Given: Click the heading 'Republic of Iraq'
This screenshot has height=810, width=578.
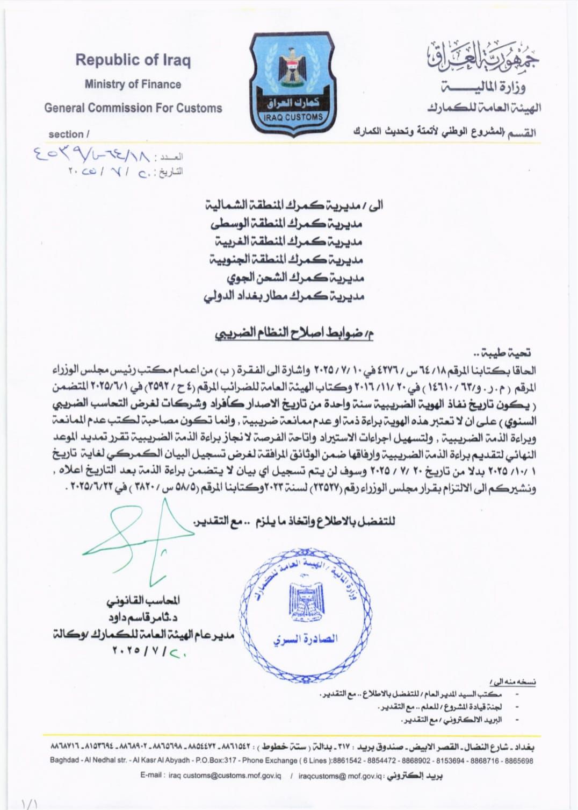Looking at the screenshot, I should click(x=133, y=60).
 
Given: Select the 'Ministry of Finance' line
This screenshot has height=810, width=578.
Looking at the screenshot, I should click(x=133, y=84).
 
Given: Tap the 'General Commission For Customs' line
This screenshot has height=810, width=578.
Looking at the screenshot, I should click(x=133, y=108).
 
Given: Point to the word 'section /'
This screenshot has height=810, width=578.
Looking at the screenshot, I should click(x=69, y=134).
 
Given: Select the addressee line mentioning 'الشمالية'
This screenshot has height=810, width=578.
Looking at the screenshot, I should click(x=295, y=205).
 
